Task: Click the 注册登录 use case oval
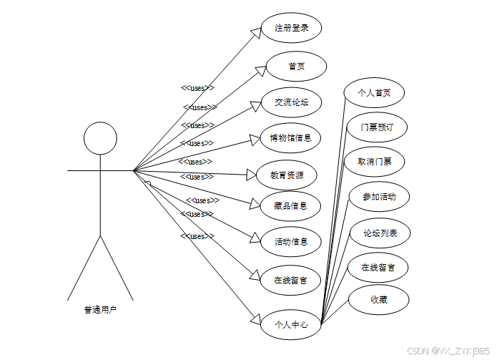pos(290,29)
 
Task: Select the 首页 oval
pos(296,67)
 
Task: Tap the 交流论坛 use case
pos(290,102)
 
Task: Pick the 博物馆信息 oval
pos(290,137)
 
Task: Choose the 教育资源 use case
pos(286,175)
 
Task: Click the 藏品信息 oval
pos(290,206)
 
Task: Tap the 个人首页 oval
pos(374,92)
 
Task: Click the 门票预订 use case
pos(374,127)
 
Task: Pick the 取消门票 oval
pos(374,161)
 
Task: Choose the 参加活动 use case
pos(378,195)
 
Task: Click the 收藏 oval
pos(378,299)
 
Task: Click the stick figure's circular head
pos(100,139)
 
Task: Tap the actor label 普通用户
pos(100,310)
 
